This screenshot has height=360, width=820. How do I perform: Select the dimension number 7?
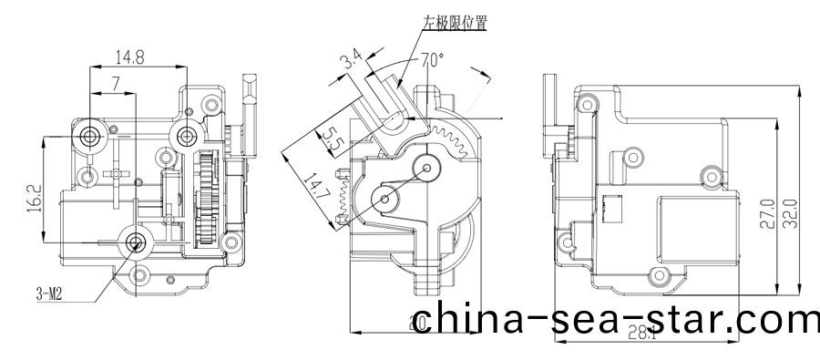point(115,84)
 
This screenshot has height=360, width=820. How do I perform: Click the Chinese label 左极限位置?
point(454,21)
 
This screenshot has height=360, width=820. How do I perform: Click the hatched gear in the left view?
point(206,200)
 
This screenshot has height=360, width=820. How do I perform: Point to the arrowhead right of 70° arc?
point(477,72)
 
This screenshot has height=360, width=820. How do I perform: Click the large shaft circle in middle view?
point(428,168)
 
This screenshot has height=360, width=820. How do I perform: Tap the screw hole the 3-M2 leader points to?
point(137,242)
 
